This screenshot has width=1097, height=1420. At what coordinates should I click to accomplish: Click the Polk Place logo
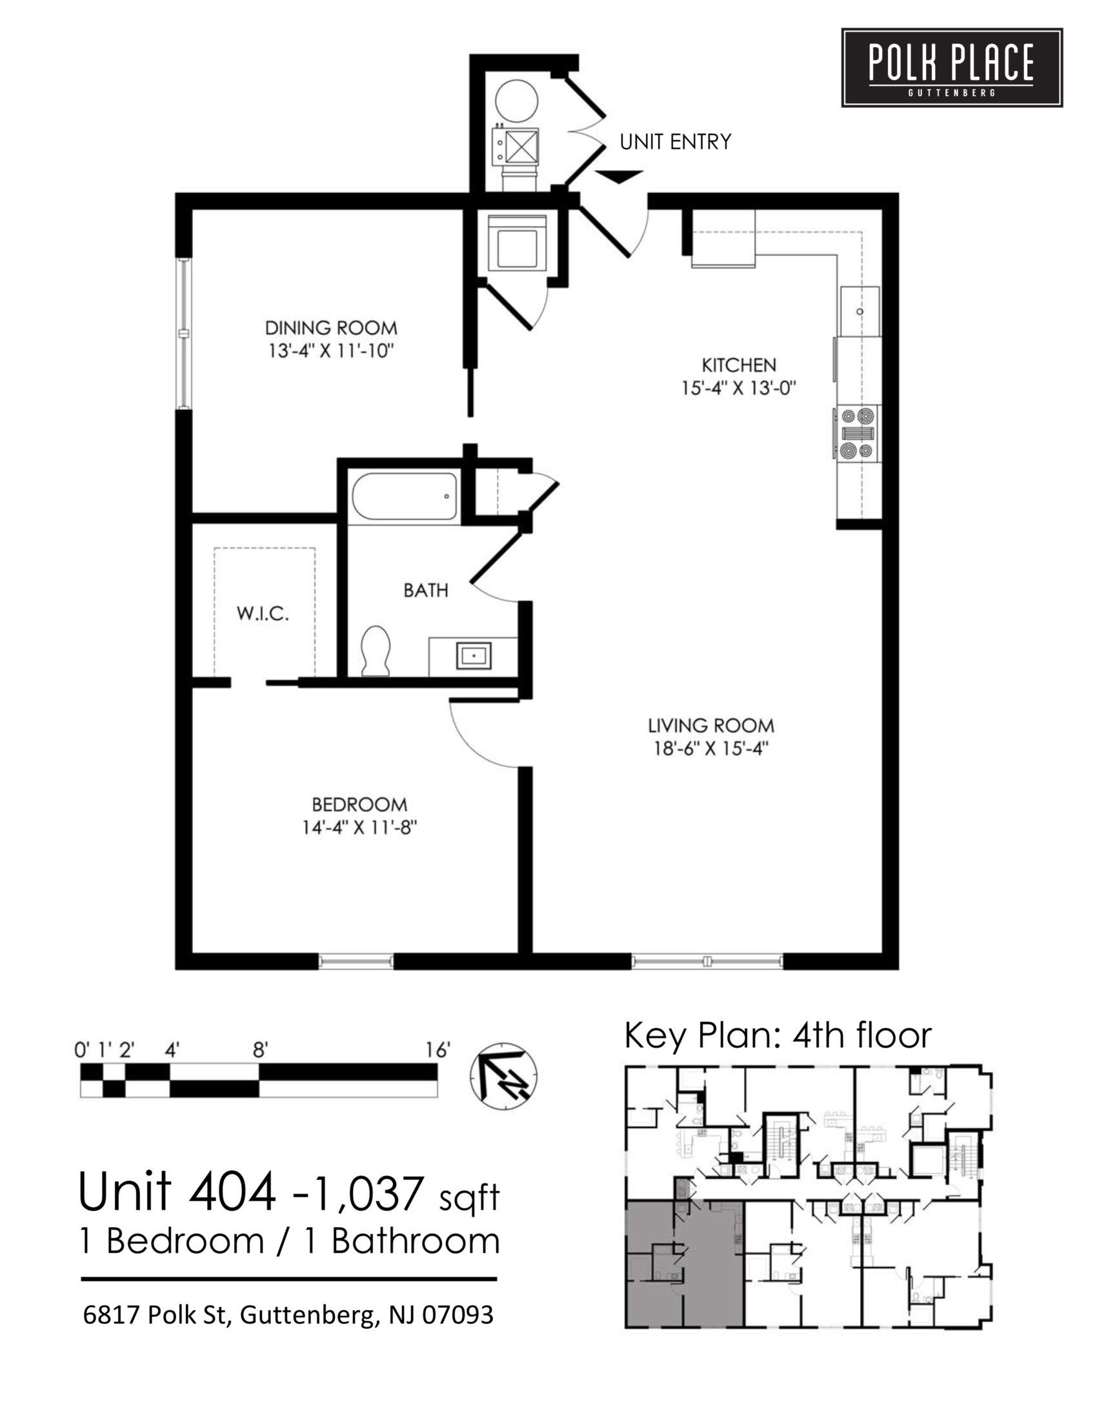951,68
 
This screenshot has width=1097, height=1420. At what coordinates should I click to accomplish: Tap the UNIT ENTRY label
675,142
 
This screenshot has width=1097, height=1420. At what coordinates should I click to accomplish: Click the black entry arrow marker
619,176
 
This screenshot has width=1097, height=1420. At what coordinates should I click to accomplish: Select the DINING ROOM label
331,327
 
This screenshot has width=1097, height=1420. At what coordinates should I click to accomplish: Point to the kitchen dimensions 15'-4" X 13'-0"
738,389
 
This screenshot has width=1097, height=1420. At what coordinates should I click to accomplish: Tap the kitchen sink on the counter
859,311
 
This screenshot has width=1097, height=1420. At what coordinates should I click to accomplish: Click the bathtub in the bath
404,496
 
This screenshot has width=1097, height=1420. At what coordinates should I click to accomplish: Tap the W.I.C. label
263,614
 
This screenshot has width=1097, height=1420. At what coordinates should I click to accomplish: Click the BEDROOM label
359,805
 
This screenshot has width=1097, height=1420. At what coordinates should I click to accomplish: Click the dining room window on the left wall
185,334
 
